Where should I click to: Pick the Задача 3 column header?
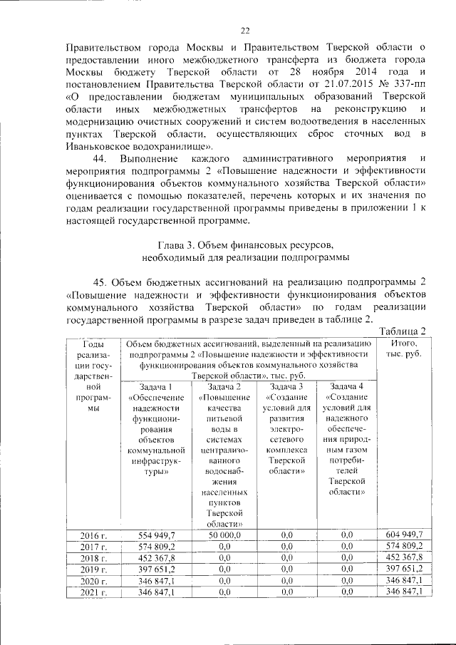(287, 386)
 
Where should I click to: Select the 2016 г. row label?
(93, 535)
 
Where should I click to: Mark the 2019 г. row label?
(93, 569)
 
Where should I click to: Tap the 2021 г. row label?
(93, 592)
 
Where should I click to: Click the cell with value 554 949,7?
(152, 535)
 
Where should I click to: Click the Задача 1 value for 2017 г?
(152, 546)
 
